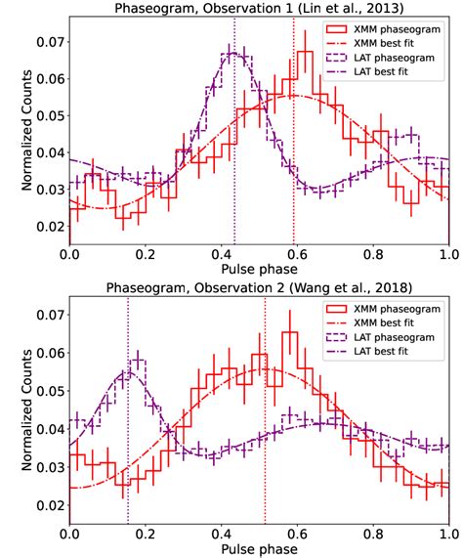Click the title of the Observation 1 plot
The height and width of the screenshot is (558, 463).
click(259, 9)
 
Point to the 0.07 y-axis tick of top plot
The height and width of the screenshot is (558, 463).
click(47, 44)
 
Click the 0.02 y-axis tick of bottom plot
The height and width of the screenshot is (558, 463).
click(47, 505)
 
